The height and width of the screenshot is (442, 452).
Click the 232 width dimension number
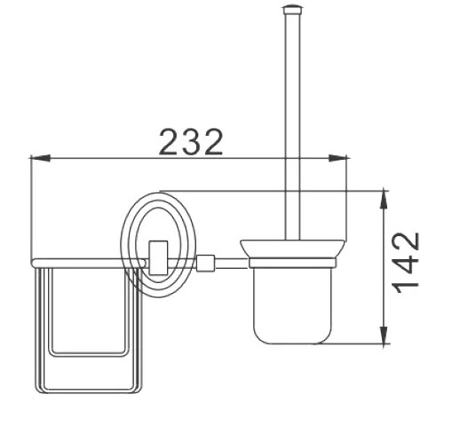pos(191,142)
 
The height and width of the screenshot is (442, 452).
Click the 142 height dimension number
pos(405,263)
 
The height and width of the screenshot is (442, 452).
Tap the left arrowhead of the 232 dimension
pos(40,158)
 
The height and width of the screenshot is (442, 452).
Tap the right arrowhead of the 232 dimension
pos(337,158)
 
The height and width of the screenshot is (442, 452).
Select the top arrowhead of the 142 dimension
pos(384,199)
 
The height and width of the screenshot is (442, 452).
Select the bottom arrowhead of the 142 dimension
pos(384,335)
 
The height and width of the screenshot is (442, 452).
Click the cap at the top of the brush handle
pos(292,10)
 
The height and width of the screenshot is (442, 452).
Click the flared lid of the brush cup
pos(292,249)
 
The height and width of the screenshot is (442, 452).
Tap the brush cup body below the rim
pos(292,305)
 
